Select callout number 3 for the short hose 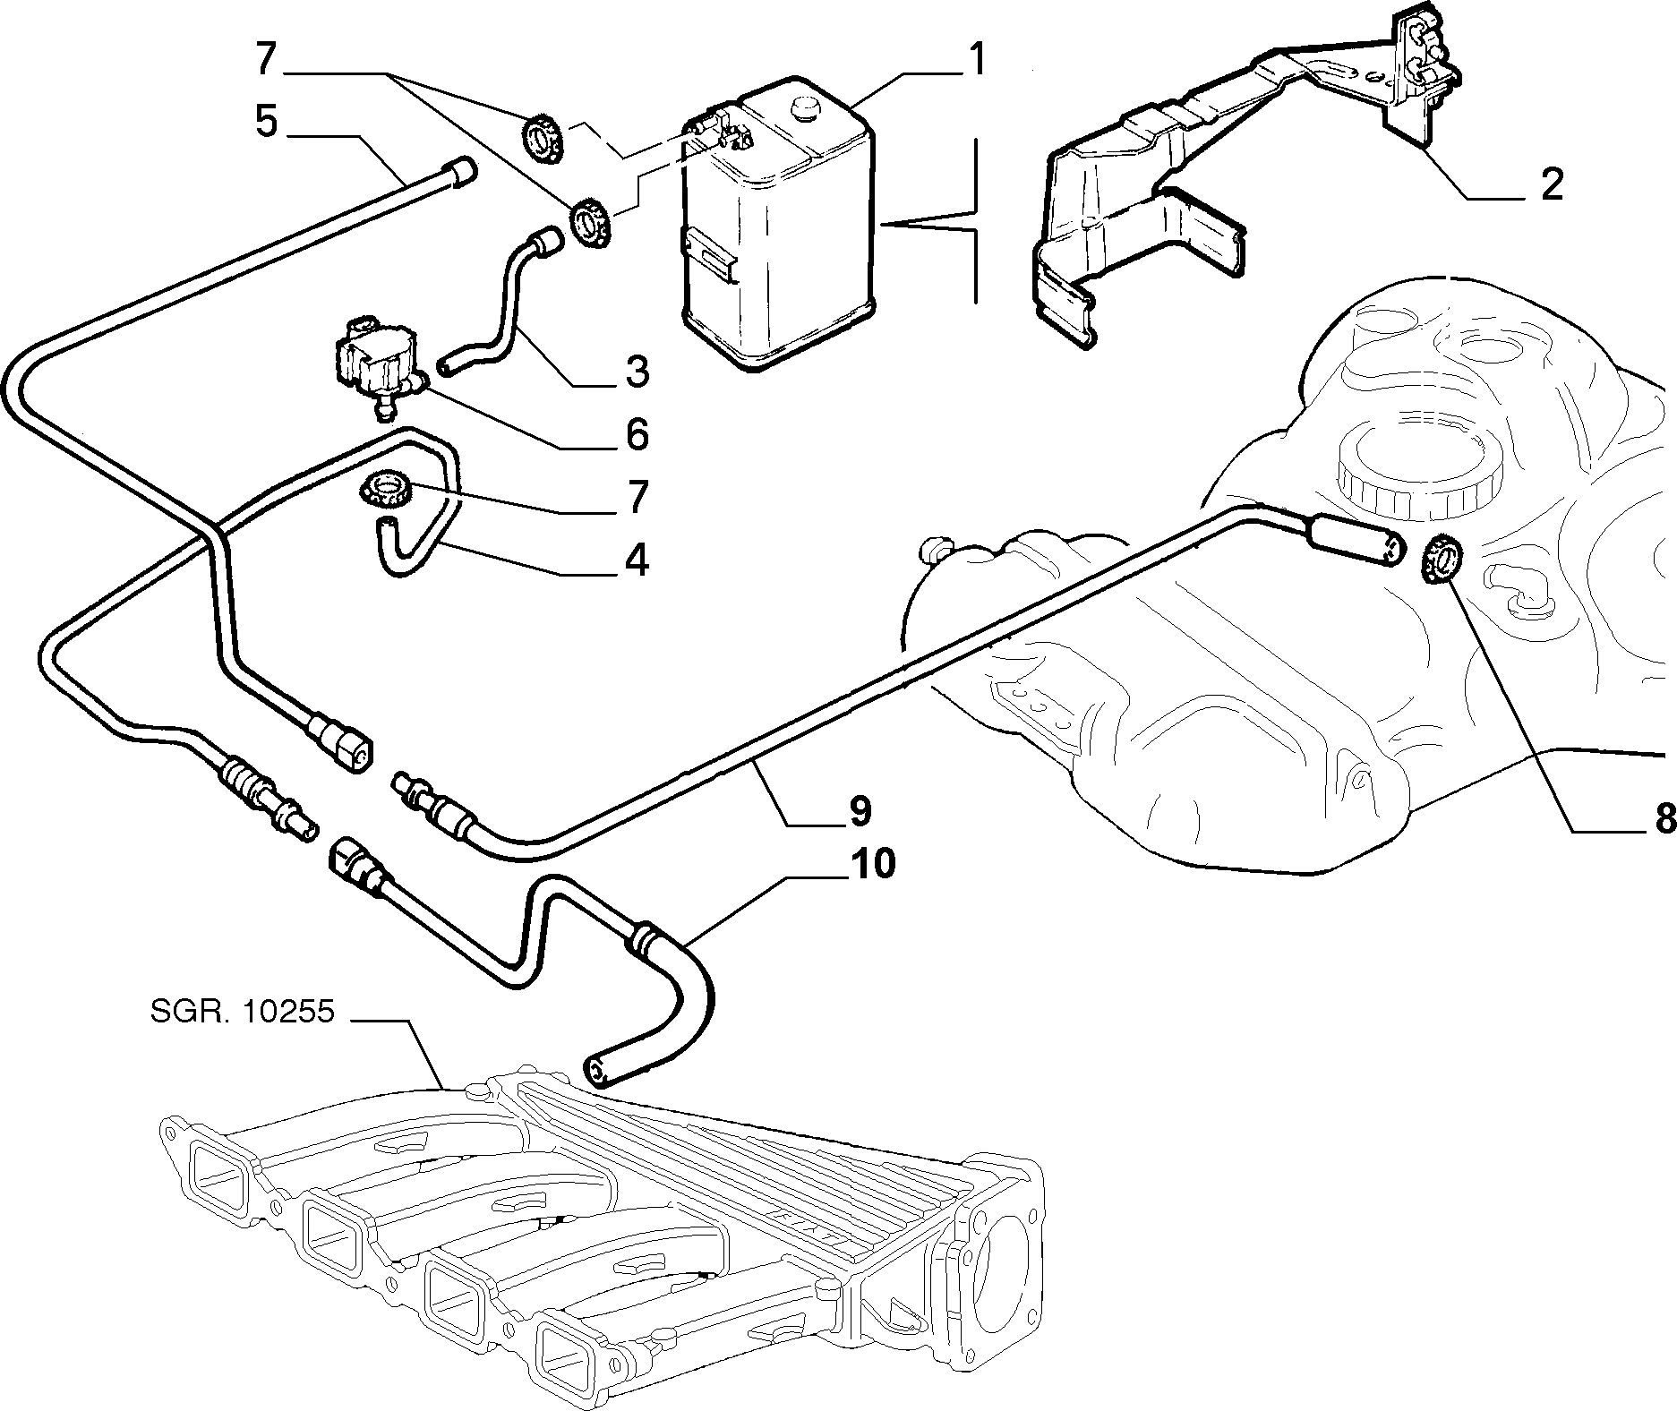[x=636, y=371]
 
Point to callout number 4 [x=636, y=560]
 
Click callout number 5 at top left [x=266, y=121]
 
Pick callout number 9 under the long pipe [x=858, y=810]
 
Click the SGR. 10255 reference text [x=242, y=1013]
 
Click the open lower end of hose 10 [x=595, y=1069]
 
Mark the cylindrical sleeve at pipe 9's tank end [x=1352, y=542]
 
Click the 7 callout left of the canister [x=266, y=59]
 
